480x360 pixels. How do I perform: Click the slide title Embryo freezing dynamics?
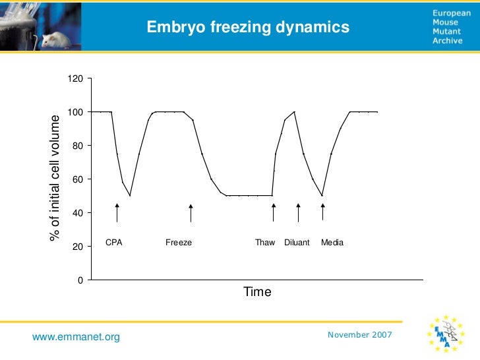click(x=248, y=27)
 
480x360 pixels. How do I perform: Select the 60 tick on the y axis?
click(x=78, y=179)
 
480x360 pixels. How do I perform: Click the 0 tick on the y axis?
click(x=80, y=280)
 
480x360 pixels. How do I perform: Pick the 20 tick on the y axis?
click(x=78, y=247)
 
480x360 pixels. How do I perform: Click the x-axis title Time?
click(x=257, y=291)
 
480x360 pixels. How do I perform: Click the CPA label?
click(x=114, y=243)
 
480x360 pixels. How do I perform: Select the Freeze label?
click(x=179, y=243)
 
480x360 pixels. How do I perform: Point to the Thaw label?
click(x=265, y=243)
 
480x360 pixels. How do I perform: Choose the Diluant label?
click(x=297, y=243)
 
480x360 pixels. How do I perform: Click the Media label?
click(x=332, y=243)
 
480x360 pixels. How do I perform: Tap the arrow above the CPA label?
click(x=117, y=213)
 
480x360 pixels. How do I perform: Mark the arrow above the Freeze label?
click(x=191, y=213)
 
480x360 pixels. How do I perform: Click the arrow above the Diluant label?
click(x=298, y=213)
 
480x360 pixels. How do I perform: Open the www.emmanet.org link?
click(x=76, y=338)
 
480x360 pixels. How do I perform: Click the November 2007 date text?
click(x=359, y=335)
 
